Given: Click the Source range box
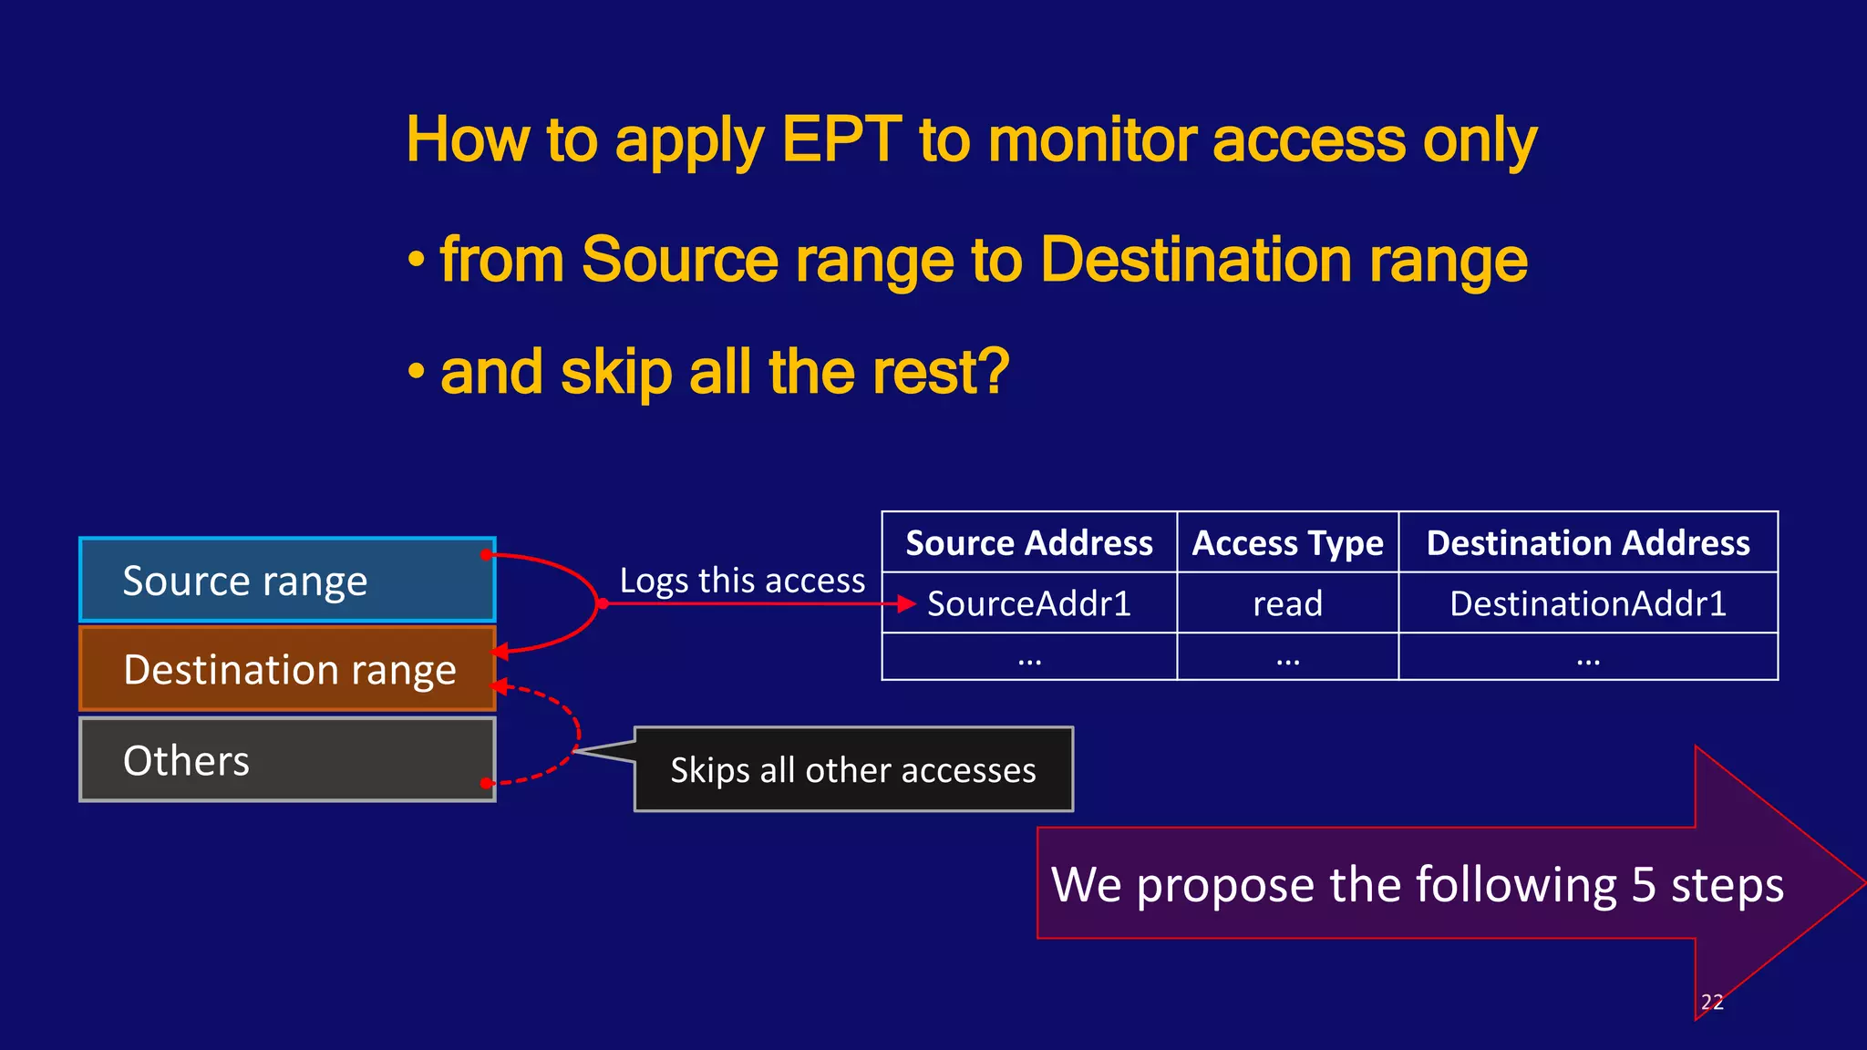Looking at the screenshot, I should (287, 581).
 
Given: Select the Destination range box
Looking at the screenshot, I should (287, 669).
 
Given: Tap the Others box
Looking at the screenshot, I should (287, 760).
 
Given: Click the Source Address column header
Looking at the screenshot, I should (1028, 543).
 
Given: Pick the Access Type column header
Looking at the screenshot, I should (1287, 543).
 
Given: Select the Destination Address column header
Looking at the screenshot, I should (1587, 543).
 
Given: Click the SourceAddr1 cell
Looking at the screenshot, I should (1028, 603).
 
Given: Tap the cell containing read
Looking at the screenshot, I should (1287, 603).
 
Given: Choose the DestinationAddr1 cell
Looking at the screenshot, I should (1587, 603).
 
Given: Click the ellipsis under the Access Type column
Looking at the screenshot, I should (1287, 658).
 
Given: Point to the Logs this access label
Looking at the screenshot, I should (742, 581).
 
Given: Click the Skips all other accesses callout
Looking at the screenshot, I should (853, 770).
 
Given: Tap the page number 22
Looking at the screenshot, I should (1712, 1002).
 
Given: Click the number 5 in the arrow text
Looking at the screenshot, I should (1643, 885).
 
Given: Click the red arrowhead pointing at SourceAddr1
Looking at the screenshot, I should (906, 603).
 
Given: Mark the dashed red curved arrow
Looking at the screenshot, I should (576, 729).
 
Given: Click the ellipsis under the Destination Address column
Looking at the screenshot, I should (1587, 658).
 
